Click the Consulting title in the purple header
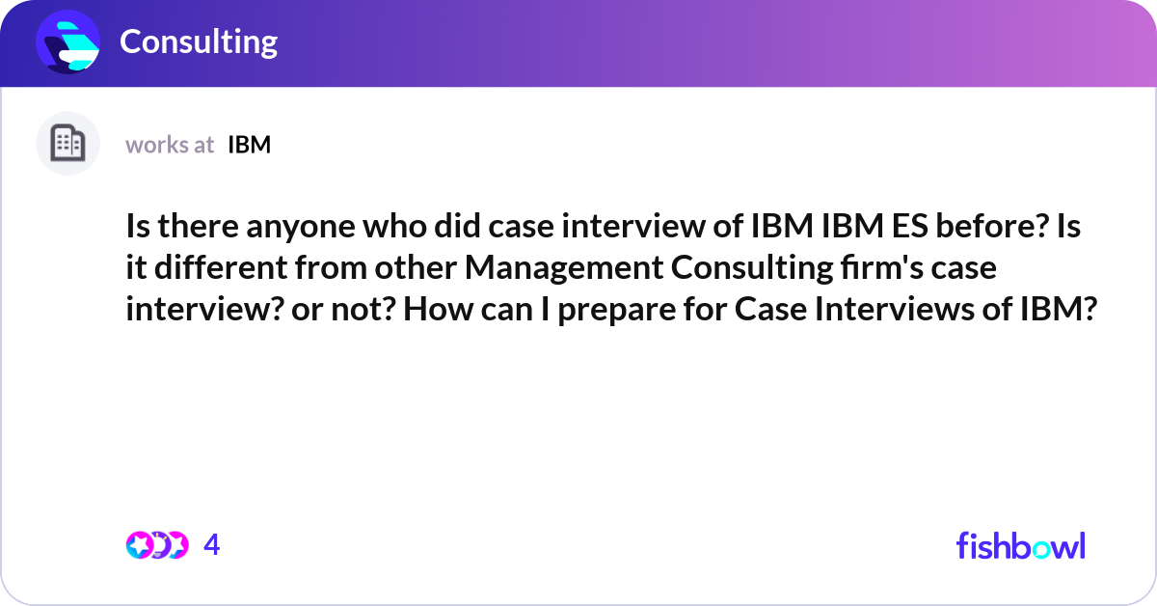199,42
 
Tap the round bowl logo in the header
67,41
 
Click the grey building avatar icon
67,143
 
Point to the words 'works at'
170,145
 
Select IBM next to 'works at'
250,145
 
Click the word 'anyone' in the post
301,228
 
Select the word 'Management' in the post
564,269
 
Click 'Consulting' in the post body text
752,269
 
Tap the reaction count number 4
212,545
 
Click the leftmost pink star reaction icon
139,545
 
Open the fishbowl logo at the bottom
1021,545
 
